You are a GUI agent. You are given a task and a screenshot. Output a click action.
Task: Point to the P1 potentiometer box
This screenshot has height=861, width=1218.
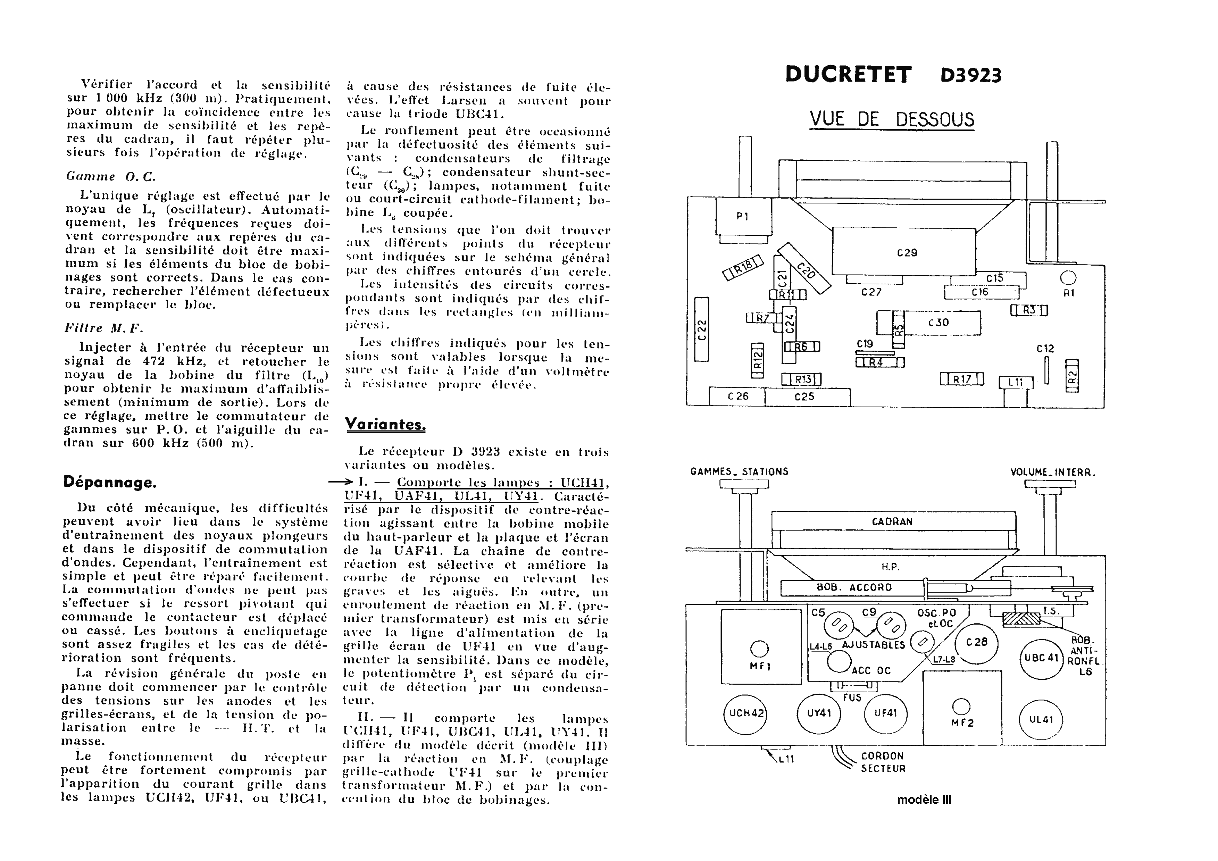point(743,216)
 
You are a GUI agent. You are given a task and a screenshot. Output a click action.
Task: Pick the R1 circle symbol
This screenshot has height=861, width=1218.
point(1068,278)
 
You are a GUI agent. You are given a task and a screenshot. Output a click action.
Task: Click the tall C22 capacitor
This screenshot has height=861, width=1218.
point(702,329)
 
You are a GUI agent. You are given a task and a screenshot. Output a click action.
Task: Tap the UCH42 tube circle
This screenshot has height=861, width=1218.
point(746,713)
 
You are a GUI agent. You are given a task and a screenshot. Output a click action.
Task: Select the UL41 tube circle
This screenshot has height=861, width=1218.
point(1041,720)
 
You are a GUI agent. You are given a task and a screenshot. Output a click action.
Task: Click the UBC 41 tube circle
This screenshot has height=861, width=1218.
point(1042,658)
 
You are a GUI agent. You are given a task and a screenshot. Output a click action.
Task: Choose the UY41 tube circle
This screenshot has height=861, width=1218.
point(819,713)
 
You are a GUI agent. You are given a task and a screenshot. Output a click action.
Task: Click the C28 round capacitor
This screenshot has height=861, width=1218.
point(977,642)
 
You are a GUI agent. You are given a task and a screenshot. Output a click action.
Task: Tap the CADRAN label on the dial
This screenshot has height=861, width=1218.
point(892,521)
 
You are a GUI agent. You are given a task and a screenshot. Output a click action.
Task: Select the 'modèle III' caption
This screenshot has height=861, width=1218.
point(924,800)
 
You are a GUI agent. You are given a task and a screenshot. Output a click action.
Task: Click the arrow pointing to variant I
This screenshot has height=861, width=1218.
point(340,482)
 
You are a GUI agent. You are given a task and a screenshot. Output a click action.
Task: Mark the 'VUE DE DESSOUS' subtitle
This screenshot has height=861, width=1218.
point(892,119)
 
